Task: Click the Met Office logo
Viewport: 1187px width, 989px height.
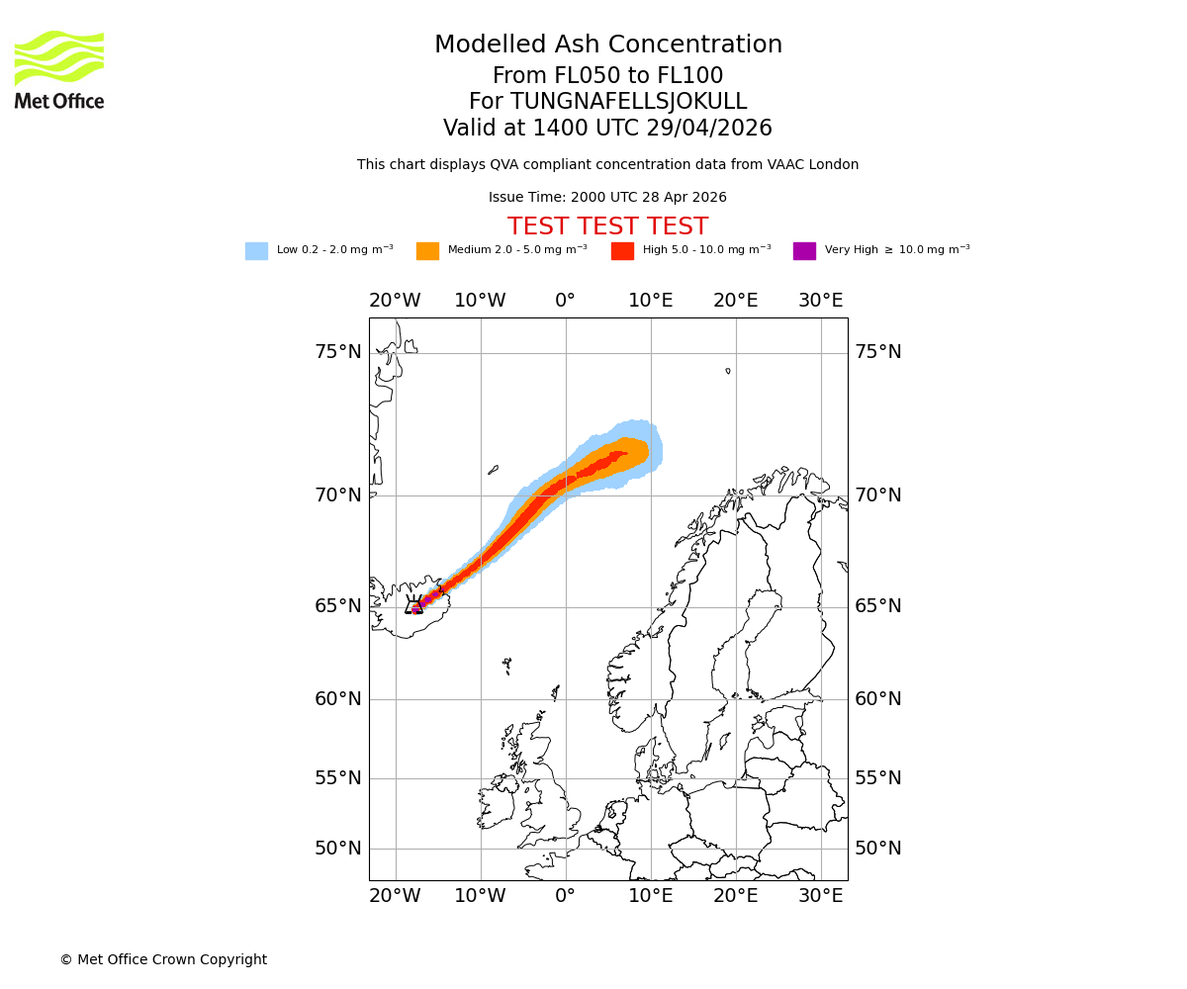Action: click(59, 69)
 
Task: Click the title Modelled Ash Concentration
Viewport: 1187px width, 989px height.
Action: click(607, 45)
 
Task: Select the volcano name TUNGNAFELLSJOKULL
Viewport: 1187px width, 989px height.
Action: click(607, 102)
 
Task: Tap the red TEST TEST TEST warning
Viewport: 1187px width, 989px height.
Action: click(607, 226)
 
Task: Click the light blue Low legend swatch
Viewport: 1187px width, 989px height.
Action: click(256, 251)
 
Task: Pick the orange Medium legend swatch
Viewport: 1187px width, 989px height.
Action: click(427, 251)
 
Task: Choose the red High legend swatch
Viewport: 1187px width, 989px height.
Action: click(622, 251)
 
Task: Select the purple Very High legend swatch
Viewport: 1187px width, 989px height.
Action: click(804, 251)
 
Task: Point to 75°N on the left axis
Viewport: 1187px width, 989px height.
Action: click(338, 352)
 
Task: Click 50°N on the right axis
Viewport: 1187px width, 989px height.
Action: click(878, 849)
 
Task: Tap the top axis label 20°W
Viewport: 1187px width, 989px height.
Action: click(395, 301)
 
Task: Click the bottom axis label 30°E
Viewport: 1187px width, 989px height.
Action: click(821, 896)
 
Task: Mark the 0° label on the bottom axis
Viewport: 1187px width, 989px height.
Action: click(565, 896)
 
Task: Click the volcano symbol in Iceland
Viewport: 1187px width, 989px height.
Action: click(414, 605)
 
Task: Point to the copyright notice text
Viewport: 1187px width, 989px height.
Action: click(163, 959)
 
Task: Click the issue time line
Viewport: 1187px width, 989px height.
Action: click(607, 198)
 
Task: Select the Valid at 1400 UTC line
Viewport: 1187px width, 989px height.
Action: click(607, 129)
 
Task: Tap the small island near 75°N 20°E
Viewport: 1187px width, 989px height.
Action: click(728, 371)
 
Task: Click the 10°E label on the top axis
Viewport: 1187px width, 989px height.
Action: click(651, 301)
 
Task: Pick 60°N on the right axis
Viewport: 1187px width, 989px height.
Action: click(878, 699)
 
